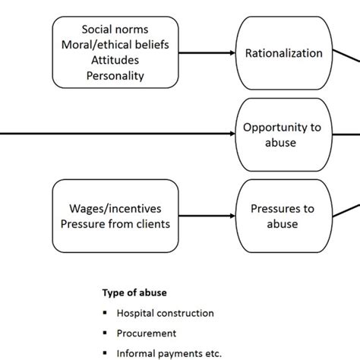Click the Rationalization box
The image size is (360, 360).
[283, 53]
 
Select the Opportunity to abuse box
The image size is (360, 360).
[283, 134]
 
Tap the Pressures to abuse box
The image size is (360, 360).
[283, 215]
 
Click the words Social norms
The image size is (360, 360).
[115, 31]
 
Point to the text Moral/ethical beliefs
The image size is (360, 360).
[115, 46]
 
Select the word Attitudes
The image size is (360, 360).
[115, 61]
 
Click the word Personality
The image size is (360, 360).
[115, 75]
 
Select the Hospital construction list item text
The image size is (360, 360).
[165, 313]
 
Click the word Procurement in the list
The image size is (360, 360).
[146, 333]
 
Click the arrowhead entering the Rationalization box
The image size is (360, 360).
[232, 53]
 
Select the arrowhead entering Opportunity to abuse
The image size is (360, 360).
[232, 134]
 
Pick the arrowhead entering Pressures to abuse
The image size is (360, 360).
[232, 215]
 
